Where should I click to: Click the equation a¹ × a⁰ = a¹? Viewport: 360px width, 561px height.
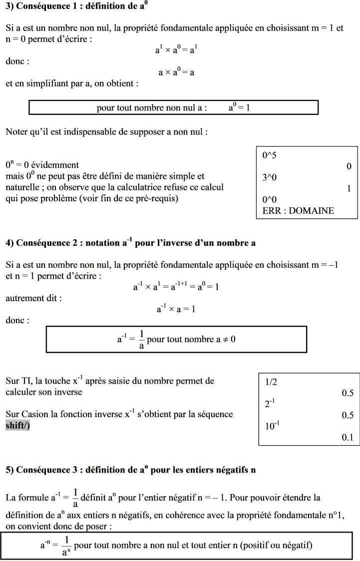(x=176, y=50)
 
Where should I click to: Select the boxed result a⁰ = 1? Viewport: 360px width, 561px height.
(x=243, y=107)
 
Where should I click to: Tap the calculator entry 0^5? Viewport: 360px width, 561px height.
(x=270, y=155)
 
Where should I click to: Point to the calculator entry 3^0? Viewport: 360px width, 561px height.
(x=270, y=177)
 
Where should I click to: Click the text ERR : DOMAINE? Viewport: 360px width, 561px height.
(x=298, y=210)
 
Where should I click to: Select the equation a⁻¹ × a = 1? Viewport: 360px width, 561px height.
(x=176, y=309)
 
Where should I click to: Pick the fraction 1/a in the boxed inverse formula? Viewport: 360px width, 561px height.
(x=141, y=340)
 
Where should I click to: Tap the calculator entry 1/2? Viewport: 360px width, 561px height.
(x=271, y=382)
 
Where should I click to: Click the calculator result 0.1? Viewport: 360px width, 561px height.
(x=348, y=437)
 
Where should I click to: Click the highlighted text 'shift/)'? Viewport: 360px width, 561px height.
(x=18, y=426)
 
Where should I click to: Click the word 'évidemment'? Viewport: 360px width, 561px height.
(x=54, y=165)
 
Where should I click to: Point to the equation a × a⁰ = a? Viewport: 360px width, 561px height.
(x=176, y=72)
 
